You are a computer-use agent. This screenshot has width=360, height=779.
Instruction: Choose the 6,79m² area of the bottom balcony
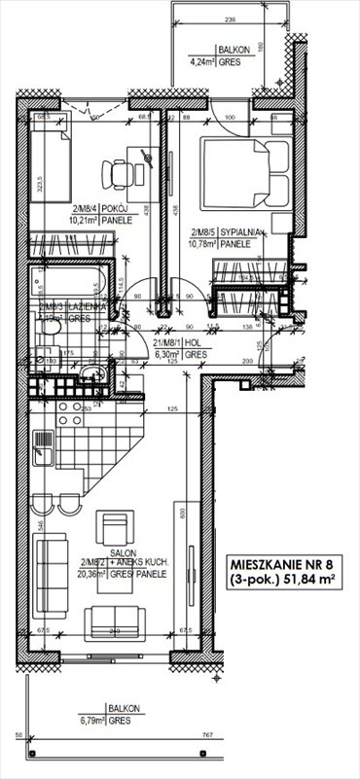coord(95,722)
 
